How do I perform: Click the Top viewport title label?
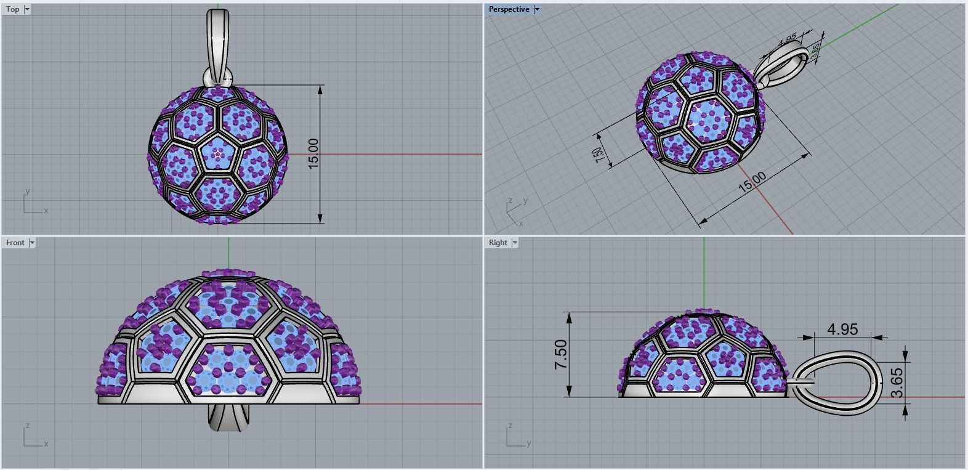(x=12, y=9)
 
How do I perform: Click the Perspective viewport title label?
(x=509, y=9)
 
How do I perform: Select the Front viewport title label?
(x=15, y=243)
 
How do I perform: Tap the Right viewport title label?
(x=498, y=243)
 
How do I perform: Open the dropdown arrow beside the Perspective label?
(x=536, y=9)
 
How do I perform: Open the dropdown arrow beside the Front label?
(x=32, y=243)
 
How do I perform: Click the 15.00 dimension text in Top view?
(x=313, y=154)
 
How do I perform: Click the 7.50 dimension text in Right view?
(x=562, y=355)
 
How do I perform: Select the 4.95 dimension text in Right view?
(x=842, y=330)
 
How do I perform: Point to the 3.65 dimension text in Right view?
(x=897, y=383)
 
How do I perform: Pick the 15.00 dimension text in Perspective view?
(x=752, y=182)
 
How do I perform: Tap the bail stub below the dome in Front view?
(x=228, y=417)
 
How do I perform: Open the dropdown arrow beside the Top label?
(x=27, y=9)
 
